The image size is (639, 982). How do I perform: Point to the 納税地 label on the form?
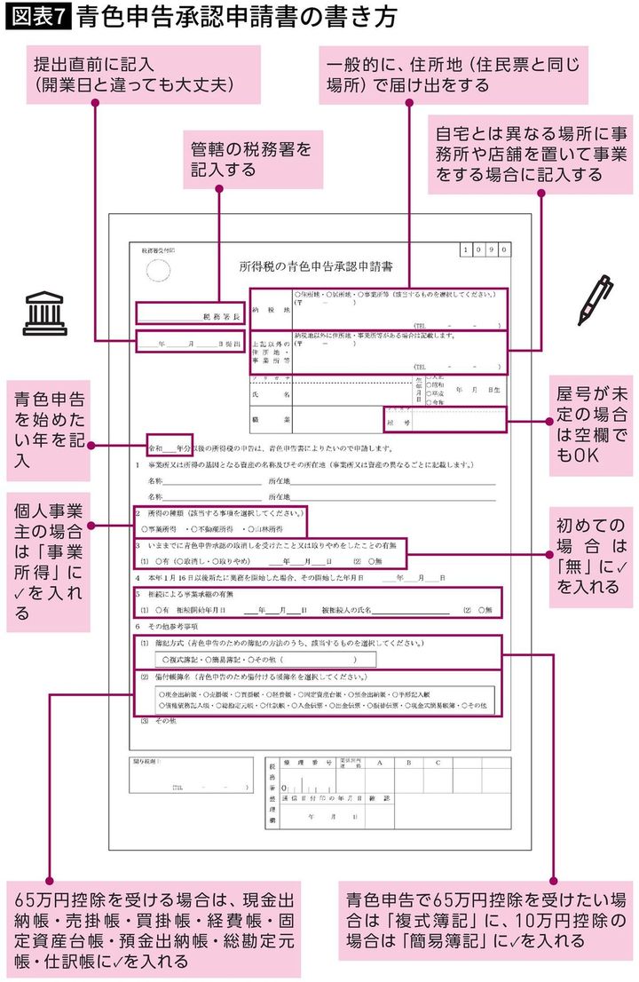(x=269, y=313)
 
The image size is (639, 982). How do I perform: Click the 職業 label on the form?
(x=269, y=416)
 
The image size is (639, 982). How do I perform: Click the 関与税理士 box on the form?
(x=187, y=775)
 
